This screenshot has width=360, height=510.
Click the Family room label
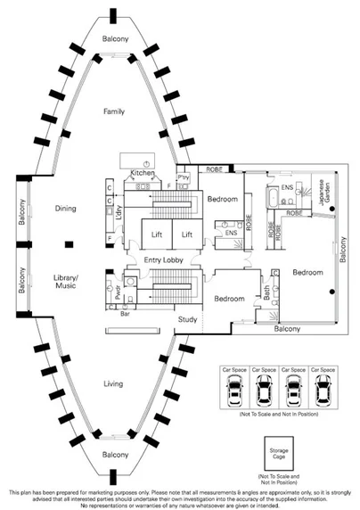[114, 111]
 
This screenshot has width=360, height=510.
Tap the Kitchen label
[143, 173]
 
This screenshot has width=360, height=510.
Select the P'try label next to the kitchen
[185, 177]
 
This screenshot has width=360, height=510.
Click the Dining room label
[64, 209]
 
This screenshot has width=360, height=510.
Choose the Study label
[187, 319]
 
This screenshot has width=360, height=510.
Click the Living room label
[113, 385]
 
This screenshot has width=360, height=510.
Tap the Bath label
[266, 292]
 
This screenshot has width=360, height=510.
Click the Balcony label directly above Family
[114, 39]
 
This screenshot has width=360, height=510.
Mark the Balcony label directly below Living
[113, 455]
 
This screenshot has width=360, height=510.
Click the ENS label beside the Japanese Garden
[288, 189]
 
